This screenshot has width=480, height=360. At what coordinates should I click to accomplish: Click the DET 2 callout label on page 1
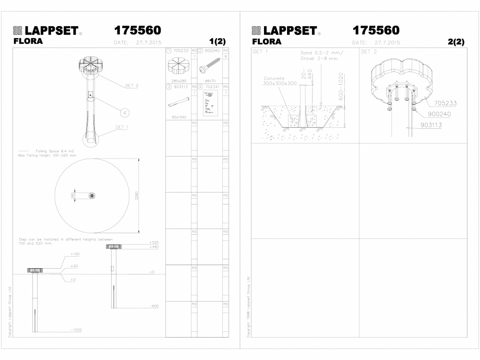tap(132, 84)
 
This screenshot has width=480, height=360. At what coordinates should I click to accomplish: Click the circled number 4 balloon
tap(125, 111)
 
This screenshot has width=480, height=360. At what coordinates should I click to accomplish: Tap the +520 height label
tap(153, 243)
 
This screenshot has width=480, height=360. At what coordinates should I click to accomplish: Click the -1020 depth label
tap(75, 330)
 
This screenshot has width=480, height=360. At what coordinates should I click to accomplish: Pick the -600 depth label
tap(153, 306)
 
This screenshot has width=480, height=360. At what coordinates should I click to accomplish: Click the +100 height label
tap(75, 254)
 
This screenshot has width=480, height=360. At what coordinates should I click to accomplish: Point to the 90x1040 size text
tap(178, 117)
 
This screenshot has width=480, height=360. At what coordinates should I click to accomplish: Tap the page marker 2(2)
tap(455, 42)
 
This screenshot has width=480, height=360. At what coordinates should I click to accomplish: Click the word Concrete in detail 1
tap(274, 78)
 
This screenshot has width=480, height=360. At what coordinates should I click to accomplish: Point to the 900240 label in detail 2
tap(439, 113)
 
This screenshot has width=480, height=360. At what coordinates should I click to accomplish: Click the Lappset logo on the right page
tap(284, 30)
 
